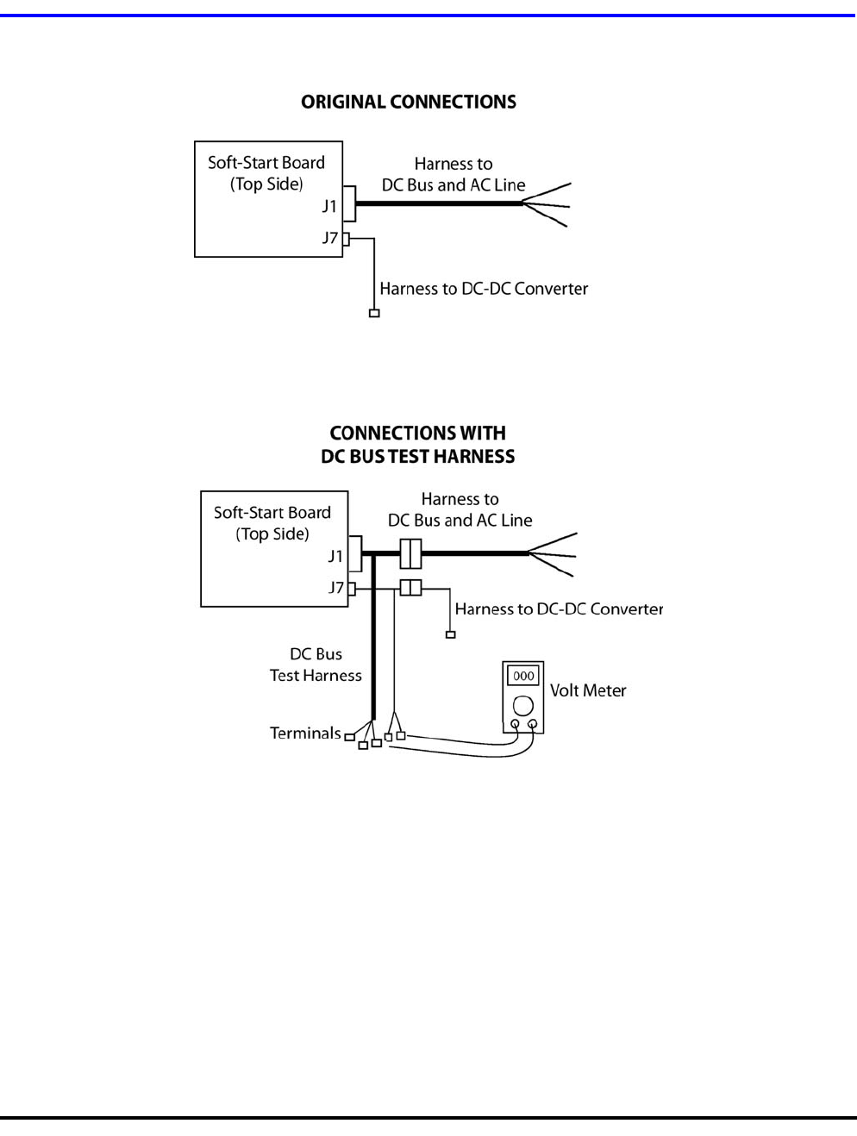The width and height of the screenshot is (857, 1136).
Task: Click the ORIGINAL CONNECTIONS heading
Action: tap(408, 102)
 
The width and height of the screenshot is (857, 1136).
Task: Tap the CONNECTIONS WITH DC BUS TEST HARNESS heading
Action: tap(417, 445)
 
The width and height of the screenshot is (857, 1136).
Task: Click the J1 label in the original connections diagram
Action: tap(329, 207)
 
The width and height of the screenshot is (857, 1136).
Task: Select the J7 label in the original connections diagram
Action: tap(329, 237)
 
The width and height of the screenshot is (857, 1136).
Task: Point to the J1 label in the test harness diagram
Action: tap(335, 557)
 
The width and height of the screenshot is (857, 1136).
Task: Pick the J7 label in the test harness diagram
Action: tap(335, 588)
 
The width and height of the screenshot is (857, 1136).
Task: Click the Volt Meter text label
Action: tap(588, 690)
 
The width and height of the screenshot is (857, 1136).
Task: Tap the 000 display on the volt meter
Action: tap(523, 676)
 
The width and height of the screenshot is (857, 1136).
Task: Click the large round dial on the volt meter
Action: tap(523, 707)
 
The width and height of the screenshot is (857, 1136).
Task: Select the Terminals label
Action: tap(305, 733)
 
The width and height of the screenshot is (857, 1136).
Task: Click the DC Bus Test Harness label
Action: tap(316, 665)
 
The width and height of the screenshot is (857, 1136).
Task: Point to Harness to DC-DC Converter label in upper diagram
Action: tap(484, 289)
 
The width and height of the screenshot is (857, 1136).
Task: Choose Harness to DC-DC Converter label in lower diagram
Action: tap(559, 609)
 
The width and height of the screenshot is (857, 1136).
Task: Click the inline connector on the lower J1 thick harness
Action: tap(410, 553)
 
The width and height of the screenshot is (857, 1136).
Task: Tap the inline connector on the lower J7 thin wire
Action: tap(410, 588)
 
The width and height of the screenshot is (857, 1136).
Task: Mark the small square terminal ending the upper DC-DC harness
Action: tap(374, 313)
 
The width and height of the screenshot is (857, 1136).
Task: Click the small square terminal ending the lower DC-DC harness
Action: tap(450, 635)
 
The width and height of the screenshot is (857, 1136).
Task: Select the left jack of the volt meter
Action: tap(516, 724)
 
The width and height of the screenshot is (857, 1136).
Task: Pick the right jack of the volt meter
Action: tap(533, 724)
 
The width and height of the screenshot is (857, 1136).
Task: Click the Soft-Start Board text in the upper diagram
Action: tap(266, 163)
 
